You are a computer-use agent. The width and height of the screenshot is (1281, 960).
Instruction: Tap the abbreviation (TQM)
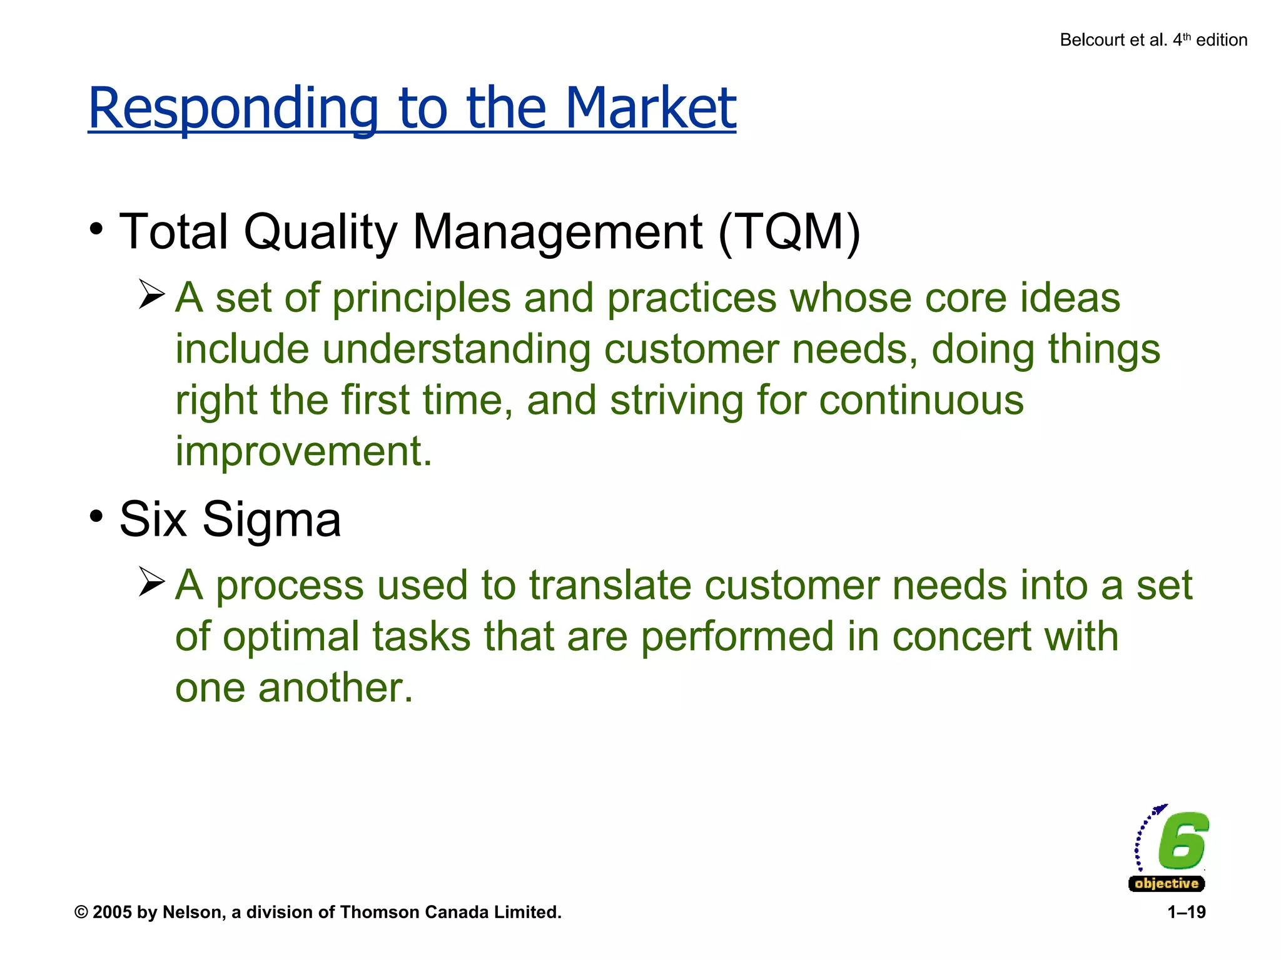789,232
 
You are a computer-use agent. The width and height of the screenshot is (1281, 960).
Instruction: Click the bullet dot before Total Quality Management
96,229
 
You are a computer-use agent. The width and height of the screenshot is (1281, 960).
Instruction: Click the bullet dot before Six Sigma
96,517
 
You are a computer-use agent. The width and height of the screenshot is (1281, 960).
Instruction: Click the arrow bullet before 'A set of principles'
151,294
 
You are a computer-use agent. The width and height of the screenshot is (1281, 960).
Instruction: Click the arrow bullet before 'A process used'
151,582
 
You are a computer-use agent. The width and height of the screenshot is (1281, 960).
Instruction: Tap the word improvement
303,451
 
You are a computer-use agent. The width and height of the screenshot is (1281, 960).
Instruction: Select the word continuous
921,400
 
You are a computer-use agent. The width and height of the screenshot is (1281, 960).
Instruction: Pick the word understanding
456,349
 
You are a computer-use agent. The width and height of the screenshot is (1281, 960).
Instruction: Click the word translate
610,586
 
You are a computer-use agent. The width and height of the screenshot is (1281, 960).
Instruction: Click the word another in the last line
335,688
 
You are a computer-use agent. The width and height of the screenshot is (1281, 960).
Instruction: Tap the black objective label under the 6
1167,884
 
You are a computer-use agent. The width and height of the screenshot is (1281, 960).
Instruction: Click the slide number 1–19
1186,912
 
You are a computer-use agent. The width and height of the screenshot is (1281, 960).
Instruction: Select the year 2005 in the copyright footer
112,912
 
